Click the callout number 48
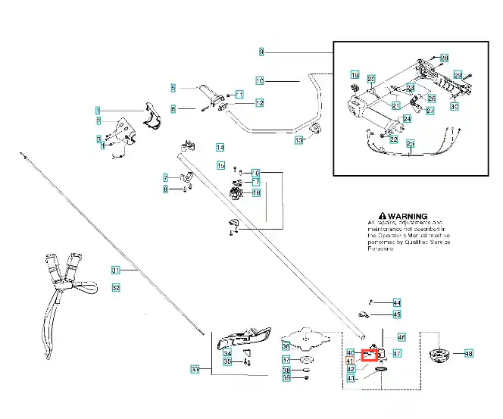pyautogui.click(x=468, y=353)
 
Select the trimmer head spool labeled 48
pyautogui.click(x=439, y=354)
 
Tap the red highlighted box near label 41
pyautogui.click(x=370, y=354)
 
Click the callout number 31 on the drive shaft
pyautogui.click(x=116, y=270)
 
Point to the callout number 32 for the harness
pyautogui.click(x=116, y=288)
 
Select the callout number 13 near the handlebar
pyautogui.click(x=298, y=140)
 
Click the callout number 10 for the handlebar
pyautogui.click(x=259, y=80)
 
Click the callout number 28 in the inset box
pyautogui.click(x=444, y=58)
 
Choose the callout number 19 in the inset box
pyautogui.click(x=355, y=75)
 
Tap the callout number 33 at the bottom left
pyautogui.click(x=195, y=369)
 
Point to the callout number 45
pyautogui.click(x=397, y=314)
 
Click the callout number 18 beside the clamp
pyautogui.click(x=256, y=193)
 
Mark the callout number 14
pyautogui.click(x=220, y=147)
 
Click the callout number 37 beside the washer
pyautogui.click(x=286, y=359)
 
